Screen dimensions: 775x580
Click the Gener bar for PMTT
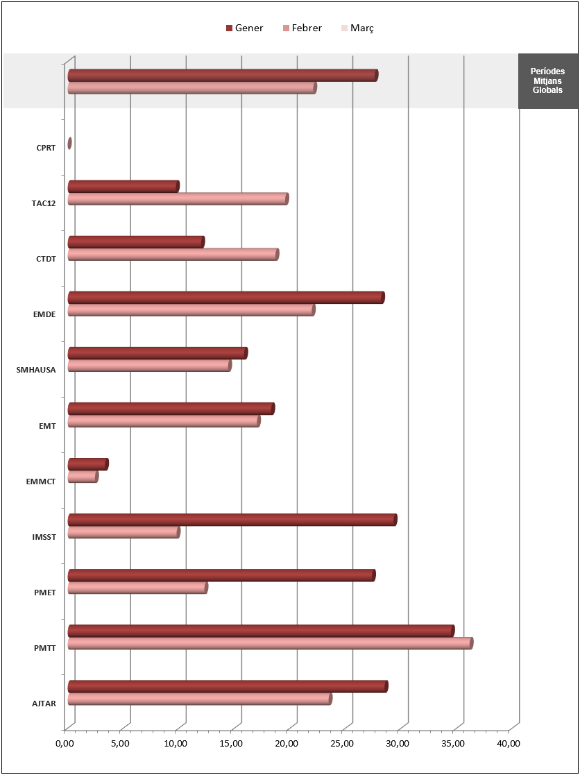[260, 631]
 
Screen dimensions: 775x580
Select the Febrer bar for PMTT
[270, 643]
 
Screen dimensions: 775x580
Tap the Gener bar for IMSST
[232, 520]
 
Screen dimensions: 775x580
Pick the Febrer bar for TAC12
[178, 199]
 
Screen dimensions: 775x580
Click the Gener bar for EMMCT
[87, 464]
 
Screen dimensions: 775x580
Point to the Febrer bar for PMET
[137, 588]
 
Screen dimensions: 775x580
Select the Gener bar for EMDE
[225, 298]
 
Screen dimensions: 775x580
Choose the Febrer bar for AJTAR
[199, 699]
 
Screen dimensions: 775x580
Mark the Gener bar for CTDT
[135, 242]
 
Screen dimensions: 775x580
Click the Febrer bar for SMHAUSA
[149, 366]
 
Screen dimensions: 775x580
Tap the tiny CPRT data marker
[69, 144]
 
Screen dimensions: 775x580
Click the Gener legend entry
[244, 28]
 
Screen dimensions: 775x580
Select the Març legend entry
[358, 28]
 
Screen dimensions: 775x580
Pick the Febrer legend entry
[302, 28]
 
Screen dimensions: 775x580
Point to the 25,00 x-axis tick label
[343, 744]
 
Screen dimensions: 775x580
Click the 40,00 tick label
[509, 744]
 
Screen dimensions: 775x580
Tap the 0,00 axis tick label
[65, 744]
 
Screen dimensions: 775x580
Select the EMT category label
[47, 425]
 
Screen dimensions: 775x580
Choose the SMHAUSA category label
[36, 370]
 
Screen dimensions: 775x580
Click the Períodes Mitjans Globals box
[547, 80]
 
